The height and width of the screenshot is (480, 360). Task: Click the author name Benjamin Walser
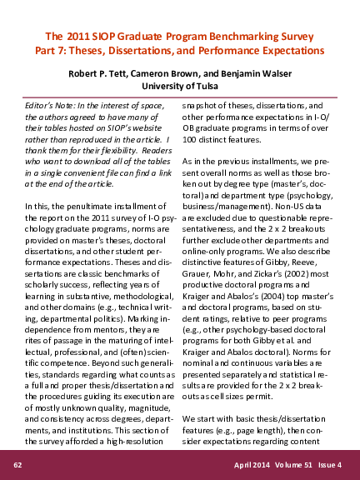point(256,72)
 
